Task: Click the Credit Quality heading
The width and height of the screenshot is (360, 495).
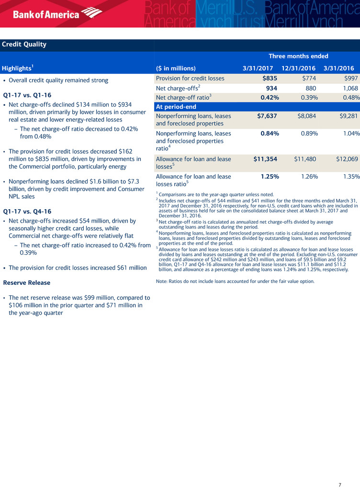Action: [x=24, y=45]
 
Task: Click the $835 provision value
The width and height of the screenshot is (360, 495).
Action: [x=270, y=79]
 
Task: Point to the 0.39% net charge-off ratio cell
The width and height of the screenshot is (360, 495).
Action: [x=305, y=98]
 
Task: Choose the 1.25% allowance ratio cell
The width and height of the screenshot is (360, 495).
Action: [x=270, y=177]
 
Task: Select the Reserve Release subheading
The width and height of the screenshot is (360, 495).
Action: [x=26, y=282]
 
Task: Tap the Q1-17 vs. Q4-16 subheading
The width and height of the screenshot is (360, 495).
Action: [x=27, y=211]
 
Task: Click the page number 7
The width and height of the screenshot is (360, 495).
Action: [x=340, y=485]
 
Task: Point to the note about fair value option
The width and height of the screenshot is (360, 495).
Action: [x=235, y=281]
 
